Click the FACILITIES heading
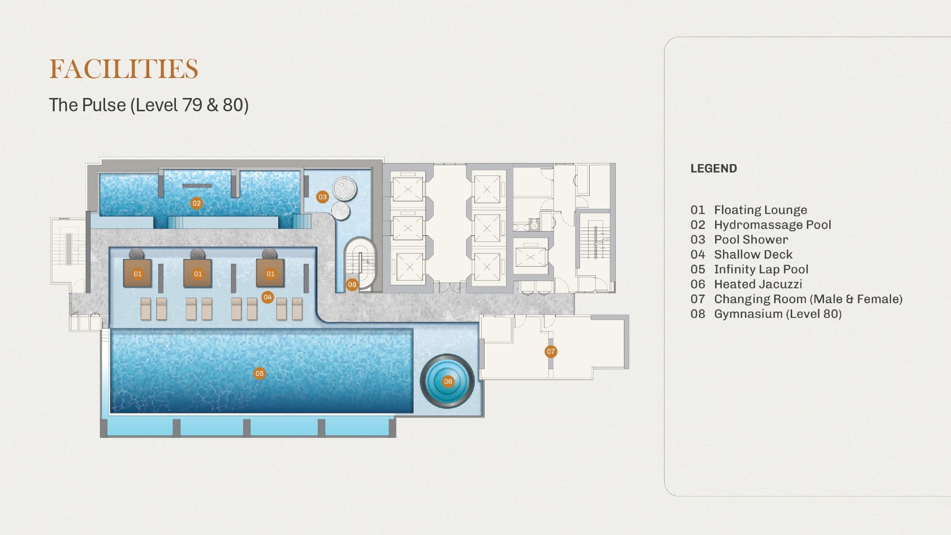coord(124,69)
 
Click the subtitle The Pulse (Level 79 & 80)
coord(149,105)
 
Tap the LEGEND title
coord(714,168)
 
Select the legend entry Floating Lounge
coord(749,210)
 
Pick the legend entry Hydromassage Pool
coord(761,224)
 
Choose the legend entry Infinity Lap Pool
coord(749,269)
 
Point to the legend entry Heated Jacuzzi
coord(746,284)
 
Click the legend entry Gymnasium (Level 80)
coord(766,314)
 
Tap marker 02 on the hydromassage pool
coord(196,203)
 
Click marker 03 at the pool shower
coord(322,197)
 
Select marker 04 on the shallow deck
coord(268,297)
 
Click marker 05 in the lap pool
coord(259,373)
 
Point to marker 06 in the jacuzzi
coord(447,381)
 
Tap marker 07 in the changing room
coord(551,351)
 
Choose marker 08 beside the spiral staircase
coord(352,284)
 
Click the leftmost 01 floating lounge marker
coord(137,274)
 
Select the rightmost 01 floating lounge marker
coord(271,274)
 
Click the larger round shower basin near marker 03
coord(345,189)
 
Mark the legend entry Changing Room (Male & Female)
coord(796,299)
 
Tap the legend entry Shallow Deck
coord(741,254)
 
